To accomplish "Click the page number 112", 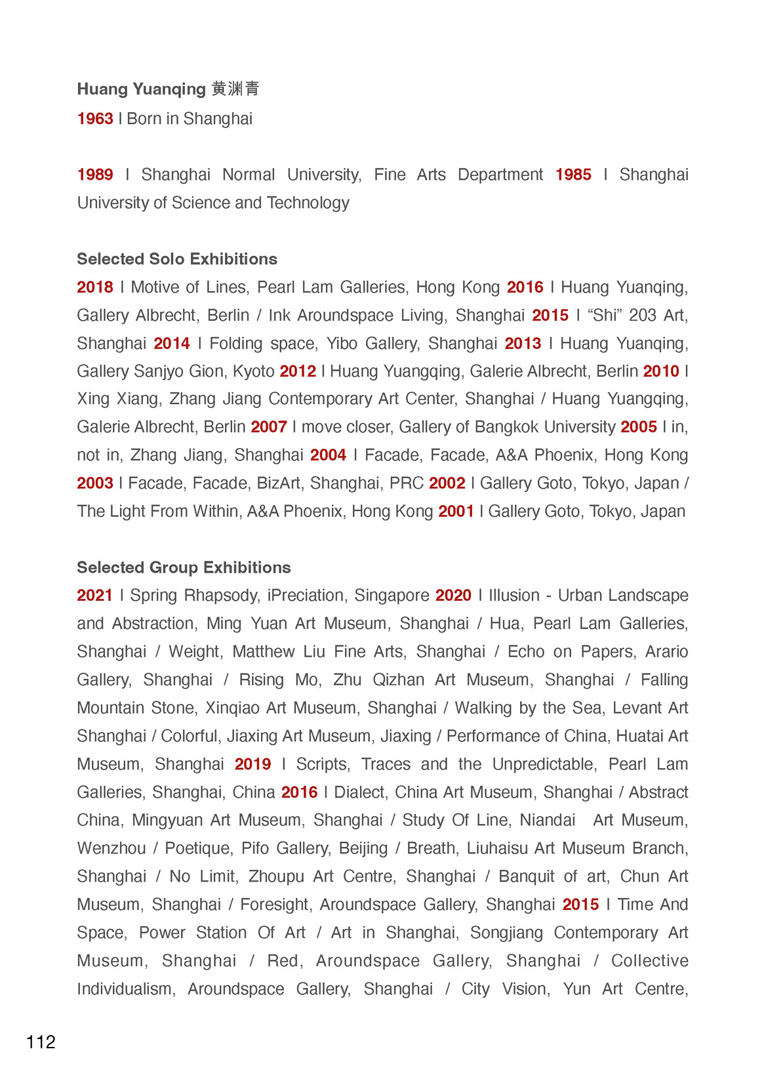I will coord(41,1042).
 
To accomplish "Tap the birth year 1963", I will coord(95,119).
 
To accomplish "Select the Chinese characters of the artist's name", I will coord(235,89).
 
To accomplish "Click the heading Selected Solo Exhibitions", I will coord(177,259).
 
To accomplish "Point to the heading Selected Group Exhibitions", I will coord(184,567).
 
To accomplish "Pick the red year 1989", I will coord(95,174).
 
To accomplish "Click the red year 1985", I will coord(573,174).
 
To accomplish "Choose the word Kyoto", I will coord(254,371).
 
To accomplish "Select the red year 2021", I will coord(95,596).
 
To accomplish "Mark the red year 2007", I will coord(269,427).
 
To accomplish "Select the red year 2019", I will coord(253,764).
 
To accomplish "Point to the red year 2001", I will coord(456,512).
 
